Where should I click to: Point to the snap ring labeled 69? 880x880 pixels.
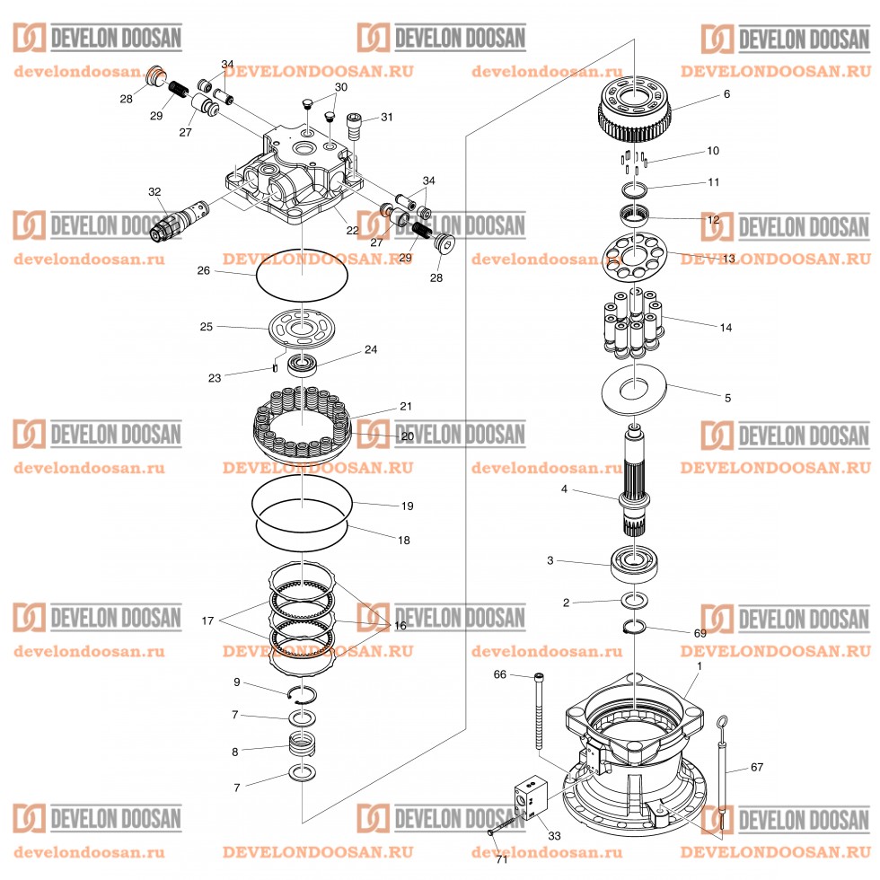[634, 627]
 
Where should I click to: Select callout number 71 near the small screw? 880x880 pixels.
[501, 859]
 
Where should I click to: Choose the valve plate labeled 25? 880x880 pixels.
[301, 327]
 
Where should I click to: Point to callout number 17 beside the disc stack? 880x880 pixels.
[208, 620]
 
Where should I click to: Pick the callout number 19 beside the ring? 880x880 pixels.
[407, 506]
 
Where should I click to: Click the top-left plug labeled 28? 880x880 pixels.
[155, 75]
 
